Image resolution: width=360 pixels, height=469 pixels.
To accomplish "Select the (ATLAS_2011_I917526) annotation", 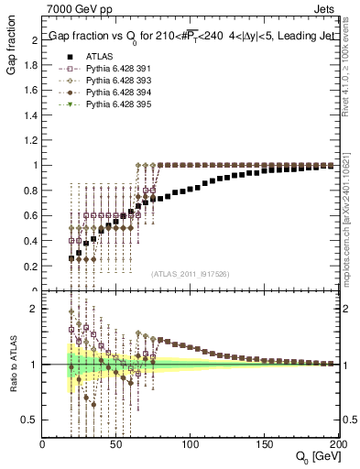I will coord(190,274).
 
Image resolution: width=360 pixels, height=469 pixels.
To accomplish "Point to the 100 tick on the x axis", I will coord(190,444).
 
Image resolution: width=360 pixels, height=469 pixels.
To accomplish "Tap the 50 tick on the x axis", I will coord(116,444).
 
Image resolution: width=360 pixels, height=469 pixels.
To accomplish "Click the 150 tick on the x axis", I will coord(263,444).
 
